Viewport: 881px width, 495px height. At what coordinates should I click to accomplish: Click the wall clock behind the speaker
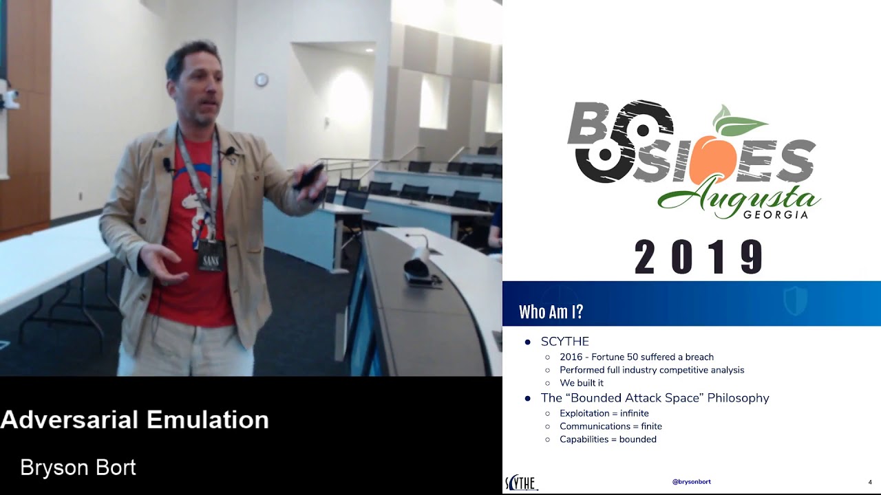(262, 80)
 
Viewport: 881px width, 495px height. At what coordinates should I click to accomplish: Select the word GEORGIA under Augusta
(775, 215)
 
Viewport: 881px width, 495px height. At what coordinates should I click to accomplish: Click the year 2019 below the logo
(698, 257)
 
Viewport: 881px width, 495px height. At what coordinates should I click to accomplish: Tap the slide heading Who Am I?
(551, 312)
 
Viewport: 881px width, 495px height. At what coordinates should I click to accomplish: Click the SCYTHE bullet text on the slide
(564, 342)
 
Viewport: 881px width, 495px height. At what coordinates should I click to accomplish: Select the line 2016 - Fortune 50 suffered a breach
(636, 357)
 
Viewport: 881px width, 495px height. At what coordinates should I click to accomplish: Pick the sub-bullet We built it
(581, 383)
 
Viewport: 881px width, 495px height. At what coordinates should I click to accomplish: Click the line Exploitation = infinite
(604, 413)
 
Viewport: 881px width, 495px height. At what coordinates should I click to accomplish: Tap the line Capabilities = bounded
(607, 439)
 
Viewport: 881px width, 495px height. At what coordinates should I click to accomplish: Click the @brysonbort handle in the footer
(691, 482)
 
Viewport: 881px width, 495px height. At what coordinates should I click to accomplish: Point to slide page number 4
(870, 482)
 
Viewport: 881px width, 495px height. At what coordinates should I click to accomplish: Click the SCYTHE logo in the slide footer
(521, 483)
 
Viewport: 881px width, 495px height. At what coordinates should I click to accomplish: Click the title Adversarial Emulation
(135, 419)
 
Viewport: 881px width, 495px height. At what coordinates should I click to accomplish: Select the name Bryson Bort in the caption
(78, 468)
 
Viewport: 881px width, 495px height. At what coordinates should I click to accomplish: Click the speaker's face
(200, 89)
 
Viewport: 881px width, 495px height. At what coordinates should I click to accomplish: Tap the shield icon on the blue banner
(795, 301)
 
